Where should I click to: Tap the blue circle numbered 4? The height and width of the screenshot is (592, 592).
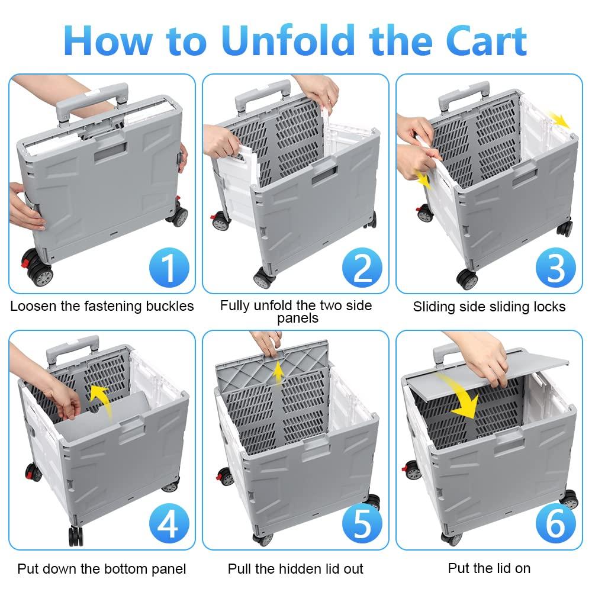[169, 524]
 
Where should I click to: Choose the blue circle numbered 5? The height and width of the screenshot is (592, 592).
[362, 524]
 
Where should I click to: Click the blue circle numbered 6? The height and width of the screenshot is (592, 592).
[556, 524]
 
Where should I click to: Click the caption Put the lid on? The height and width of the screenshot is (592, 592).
[489, 568]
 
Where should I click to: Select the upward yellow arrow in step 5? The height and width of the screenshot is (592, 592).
[277, 372]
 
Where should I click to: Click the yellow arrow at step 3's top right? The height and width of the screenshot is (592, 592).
[558, 120]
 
